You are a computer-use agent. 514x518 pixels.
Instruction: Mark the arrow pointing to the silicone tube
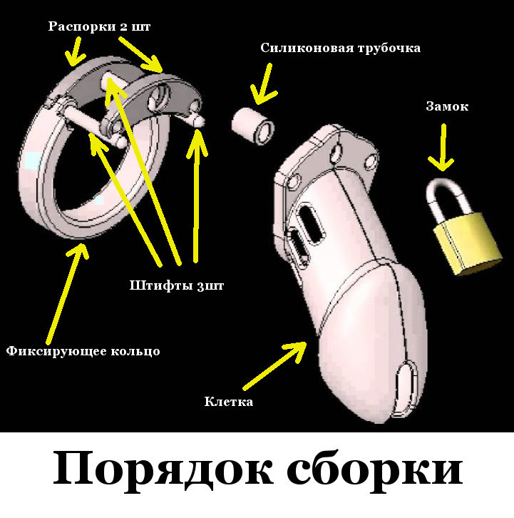[263, 83]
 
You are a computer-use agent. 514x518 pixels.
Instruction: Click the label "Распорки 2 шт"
[99, 26]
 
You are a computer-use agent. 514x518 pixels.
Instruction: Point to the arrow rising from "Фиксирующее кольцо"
[65, 293]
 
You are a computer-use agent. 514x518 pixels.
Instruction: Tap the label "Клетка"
[228, 402]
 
